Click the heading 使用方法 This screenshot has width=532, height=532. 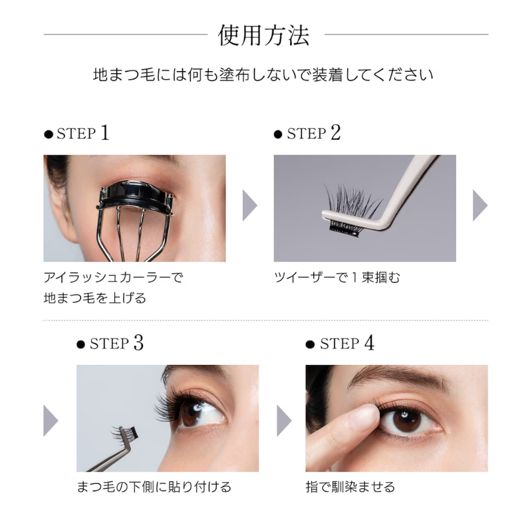coord(263,35)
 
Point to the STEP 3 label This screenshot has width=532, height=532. coord(110,343)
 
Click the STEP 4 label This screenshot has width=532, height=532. coord(340,343)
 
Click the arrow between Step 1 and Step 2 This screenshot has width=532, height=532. coord(249,205)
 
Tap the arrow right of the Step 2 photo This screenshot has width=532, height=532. coord(480,205)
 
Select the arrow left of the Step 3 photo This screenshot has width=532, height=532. coord(51,421)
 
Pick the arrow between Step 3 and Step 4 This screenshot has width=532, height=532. coord(284,421)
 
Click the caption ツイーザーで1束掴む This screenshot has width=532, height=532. coord(337,277)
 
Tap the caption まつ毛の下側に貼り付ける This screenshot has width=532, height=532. coord(154,487)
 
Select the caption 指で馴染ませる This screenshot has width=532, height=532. coord(350,487)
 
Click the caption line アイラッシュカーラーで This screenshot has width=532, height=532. coord(113,277)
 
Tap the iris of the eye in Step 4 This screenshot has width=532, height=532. coord(406,420)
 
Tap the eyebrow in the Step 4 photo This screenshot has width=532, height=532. coord(398,376)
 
